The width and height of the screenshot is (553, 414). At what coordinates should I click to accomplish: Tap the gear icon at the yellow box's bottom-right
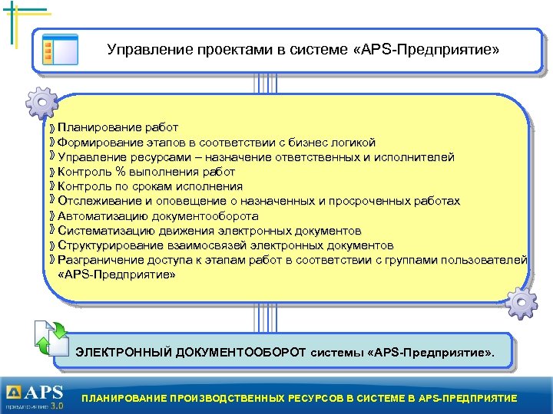point(522,304)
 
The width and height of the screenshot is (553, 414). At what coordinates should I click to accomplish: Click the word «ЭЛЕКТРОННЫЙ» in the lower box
point(124,353)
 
